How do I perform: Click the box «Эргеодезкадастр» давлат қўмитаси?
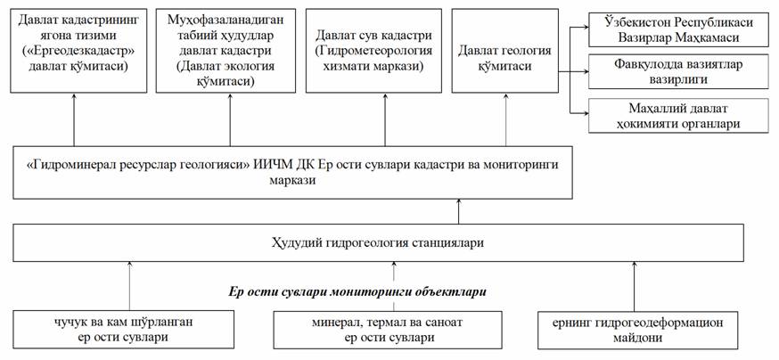pyautogui.click(x=75, y=50)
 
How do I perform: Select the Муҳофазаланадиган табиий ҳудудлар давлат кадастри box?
pyautogui.click(x=223, y=50)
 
